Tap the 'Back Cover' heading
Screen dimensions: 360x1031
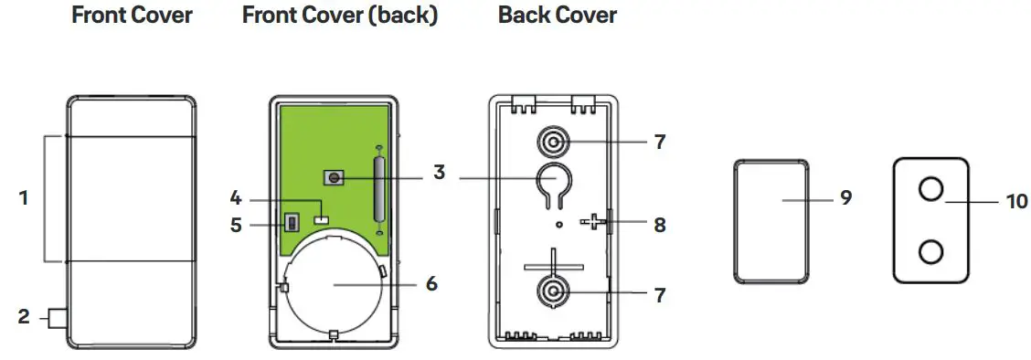(x=558, y=16)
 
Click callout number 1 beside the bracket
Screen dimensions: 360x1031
(x=24, y=196)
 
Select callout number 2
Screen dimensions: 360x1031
(x=24, y=317)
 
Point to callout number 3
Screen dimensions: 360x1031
(x=440, y=171)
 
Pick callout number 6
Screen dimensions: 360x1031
(x=430, y=283)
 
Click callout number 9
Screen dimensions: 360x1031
(x=845, y=196)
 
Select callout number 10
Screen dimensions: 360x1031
(x=1016, y=200)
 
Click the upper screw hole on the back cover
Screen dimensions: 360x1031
(x=552, y=143)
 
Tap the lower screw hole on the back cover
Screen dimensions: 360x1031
(x=552, y=293)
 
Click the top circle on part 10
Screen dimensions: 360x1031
(x=930, y=189)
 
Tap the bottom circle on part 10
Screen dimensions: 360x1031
(x=930, y=250)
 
